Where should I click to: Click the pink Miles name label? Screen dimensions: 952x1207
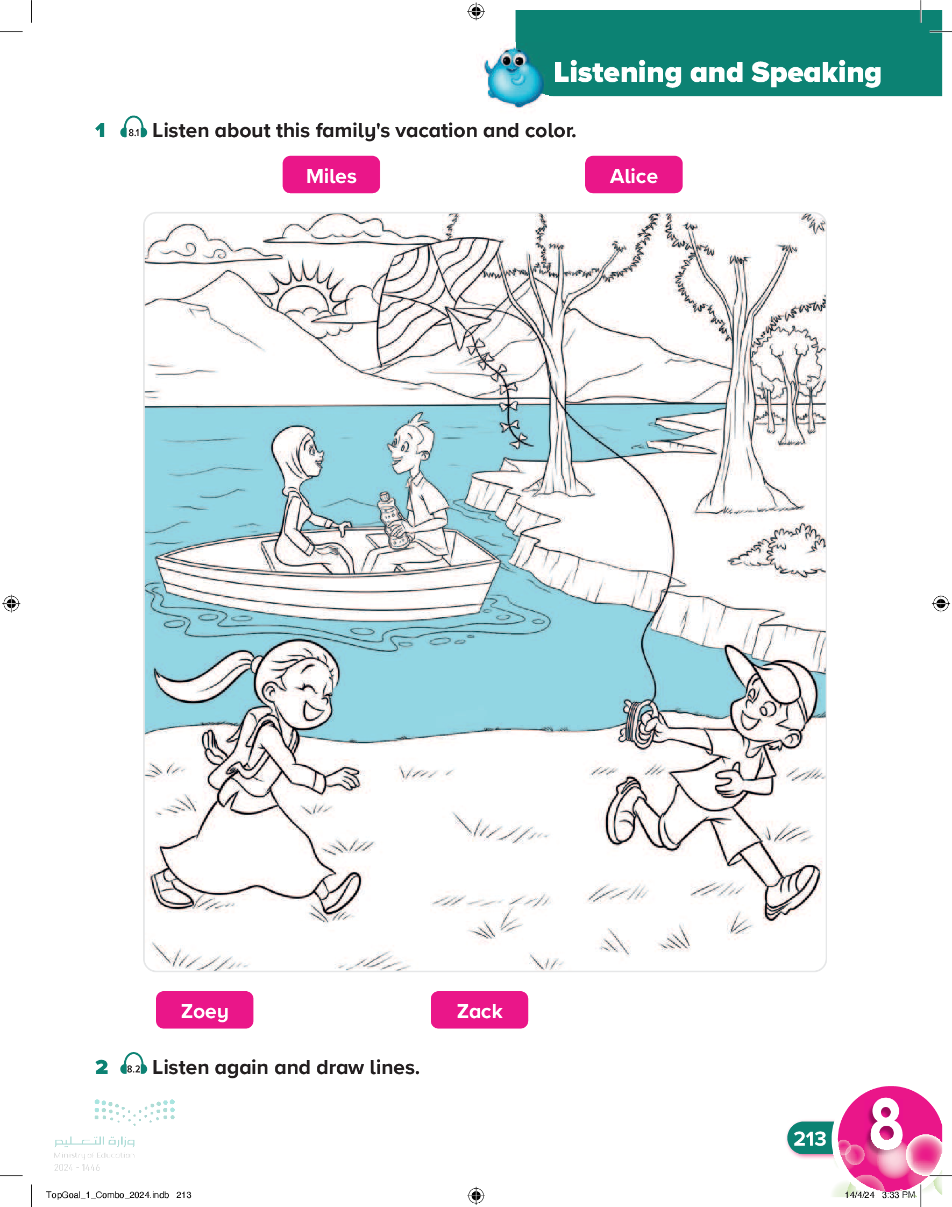(331, 174)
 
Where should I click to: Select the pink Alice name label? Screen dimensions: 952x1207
(634, 174)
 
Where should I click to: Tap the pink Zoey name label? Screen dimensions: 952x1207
(204, 1010)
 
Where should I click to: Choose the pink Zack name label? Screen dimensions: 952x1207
(479, 1010)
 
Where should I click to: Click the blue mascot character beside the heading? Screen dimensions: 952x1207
(514, 77)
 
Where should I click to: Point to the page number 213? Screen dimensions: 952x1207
(809, 1139)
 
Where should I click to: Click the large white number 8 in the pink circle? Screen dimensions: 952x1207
(886, 1124)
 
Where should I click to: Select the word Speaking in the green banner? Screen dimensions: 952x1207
(816, 73)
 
